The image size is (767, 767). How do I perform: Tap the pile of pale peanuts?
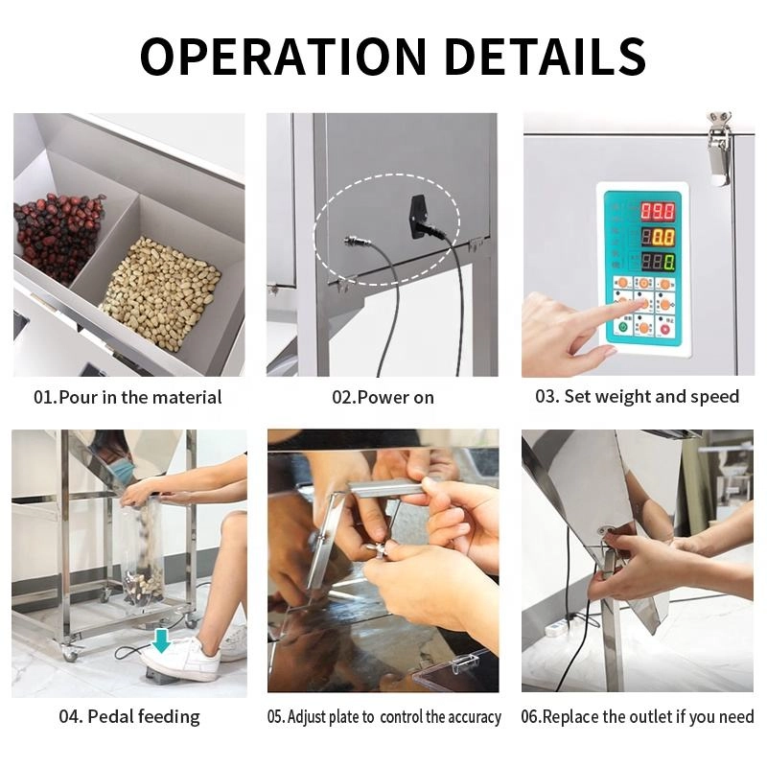pos(161,291)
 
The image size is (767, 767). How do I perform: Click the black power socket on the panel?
pos(419,216)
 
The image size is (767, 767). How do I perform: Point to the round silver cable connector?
pos(351,241)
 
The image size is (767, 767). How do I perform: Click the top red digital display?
pos(658,211)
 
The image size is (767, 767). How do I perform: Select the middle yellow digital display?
pos(658,237)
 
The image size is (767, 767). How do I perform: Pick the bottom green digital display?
pos(658,262)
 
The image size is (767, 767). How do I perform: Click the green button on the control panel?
pos(623,327)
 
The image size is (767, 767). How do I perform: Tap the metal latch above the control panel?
pos(719,149)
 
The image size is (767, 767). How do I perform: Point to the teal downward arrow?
pos(161,640)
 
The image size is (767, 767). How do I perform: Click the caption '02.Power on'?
pos(383,397)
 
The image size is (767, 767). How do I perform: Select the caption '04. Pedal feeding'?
pos(129,716)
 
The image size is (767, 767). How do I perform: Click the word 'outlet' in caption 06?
pos(648,716)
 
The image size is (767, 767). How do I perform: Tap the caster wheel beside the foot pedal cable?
pos(69,653)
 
